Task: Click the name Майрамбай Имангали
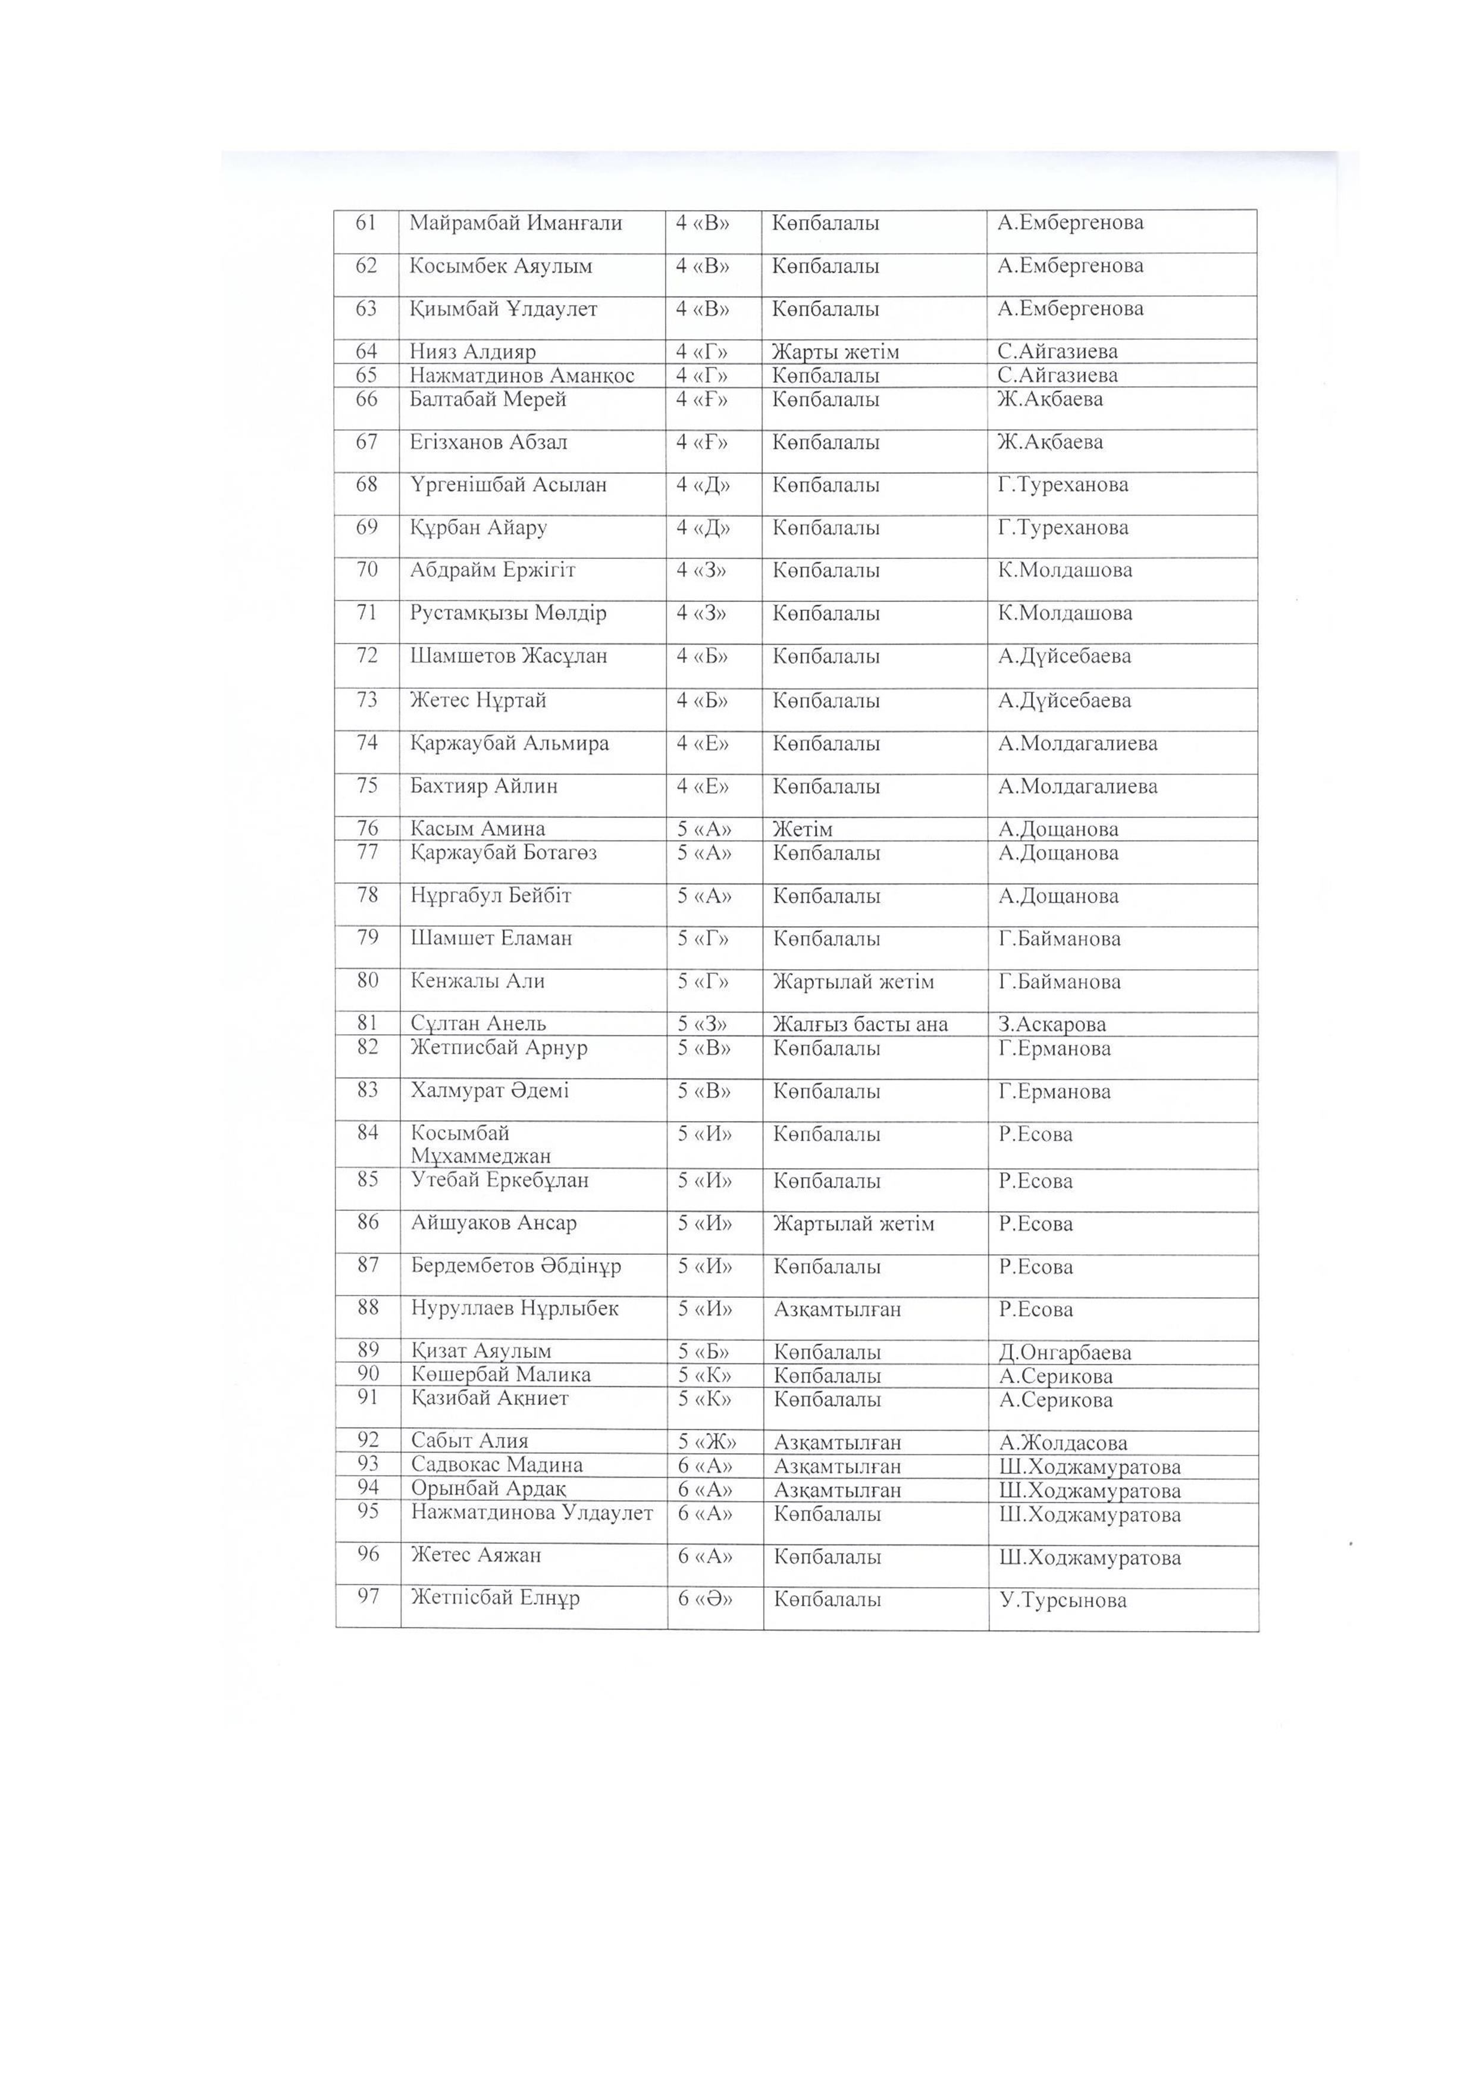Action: click(x=516, y=223)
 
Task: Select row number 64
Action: click(x=366, y=351)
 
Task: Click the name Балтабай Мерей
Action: click(x=487, y=399)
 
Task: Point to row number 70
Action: click(x=366, y=570)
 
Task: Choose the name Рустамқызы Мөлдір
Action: click(x=507, y=613)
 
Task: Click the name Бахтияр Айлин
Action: click(x=484, y=786)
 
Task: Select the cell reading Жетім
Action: click(x=802, y=829)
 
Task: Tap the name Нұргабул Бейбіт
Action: click(x=491, y=896)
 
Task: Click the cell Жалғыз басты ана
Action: click(x=860, y=1025)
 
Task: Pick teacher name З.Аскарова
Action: click(x=1052, y=1025)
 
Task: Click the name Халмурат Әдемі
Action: click(x=489, y=1091)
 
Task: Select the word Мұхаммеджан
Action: click(x=481, y=1156)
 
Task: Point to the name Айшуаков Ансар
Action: click(x=494, y=1224)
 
